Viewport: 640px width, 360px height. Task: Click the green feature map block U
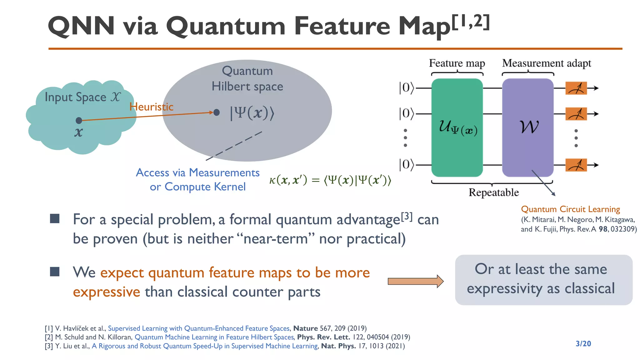tap(457, 127)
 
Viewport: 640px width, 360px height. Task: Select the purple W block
tap(528, 127)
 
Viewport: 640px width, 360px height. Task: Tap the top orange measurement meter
tap(576, 88)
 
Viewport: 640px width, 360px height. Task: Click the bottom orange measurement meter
tap(576, 165)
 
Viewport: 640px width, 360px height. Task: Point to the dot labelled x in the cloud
tap(79, 120)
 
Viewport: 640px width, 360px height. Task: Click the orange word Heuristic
tap(152, 107)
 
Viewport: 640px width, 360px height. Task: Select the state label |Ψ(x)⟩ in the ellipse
tap(252, 113)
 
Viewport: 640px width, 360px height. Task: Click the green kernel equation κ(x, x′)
tap(330, 180)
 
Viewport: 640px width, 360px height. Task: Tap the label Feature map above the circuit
tap(457, 63)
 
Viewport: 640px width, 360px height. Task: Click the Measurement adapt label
tap(547, 63)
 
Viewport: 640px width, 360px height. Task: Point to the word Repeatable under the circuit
tap(493, 192)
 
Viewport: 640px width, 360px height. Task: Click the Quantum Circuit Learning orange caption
tap(570, 209)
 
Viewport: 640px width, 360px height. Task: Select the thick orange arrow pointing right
tap(415, 281)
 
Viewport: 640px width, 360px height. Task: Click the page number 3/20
tap(583, 344)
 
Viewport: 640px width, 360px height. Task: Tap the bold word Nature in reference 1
tap(305, 328)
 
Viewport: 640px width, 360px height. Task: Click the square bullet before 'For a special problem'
tap(55, 218)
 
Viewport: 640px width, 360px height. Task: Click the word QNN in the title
tap(81, 26)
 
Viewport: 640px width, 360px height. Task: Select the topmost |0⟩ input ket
tap(406, 88)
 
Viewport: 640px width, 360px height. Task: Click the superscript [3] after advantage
tap(407, 216)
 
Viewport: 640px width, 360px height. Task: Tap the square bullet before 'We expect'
tap(55, 272)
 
